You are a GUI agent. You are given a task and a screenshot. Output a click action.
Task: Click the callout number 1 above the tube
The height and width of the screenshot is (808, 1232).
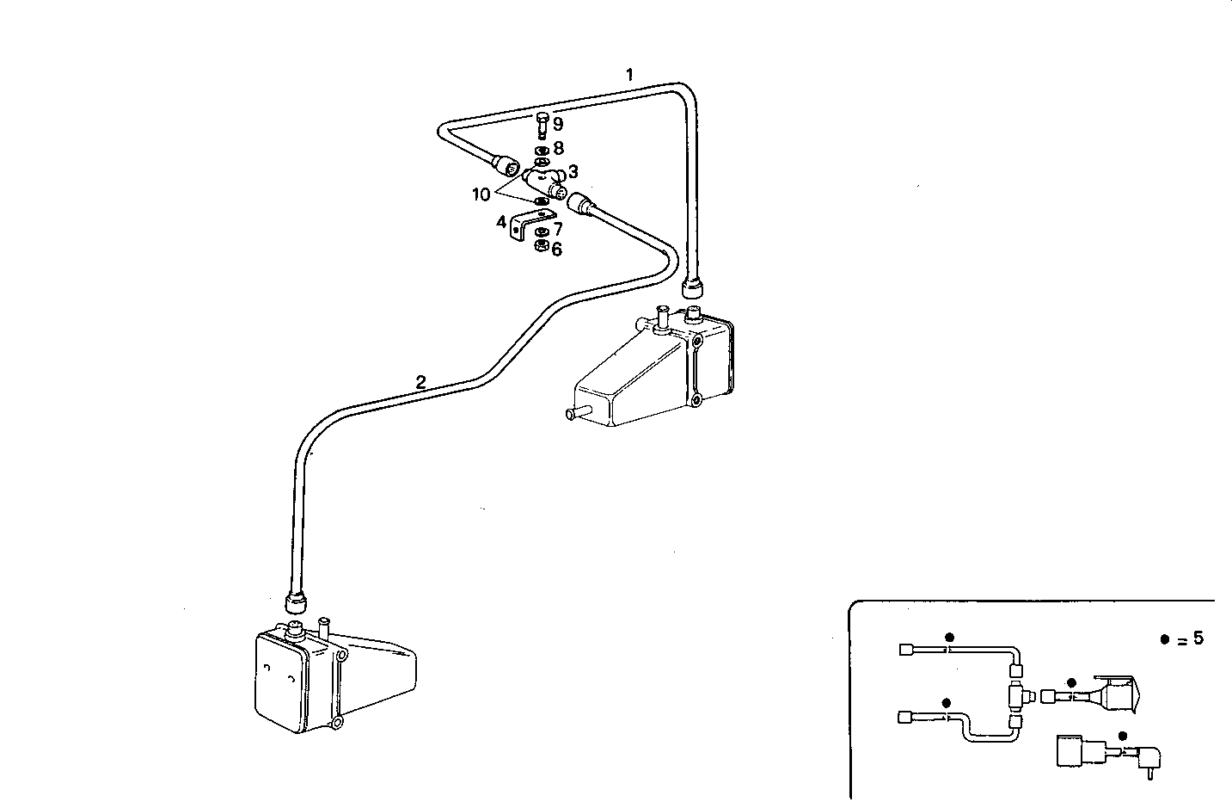coord(629,75)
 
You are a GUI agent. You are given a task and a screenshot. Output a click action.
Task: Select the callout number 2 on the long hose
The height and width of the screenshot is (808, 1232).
coord(420,382)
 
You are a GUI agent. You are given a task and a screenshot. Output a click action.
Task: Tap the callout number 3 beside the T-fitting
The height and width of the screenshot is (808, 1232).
coord(573,172)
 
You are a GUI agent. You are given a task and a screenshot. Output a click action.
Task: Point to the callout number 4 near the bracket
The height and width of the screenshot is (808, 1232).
coord(500,223)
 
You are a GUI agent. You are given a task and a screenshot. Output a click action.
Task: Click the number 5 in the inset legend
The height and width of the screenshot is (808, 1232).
coord(1198,638)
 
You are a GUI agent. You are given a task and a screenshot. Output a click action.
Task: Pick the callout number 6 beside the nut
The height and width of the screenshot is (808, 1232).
coord(557,250)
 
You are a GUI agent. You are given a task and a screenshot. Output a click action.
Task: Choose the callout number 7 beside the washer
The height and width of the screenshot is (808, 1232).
coord(557,230)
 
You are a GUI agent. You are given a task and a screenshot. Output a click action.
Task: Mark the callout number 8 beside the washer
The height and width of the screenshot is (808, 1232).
coord(558,148)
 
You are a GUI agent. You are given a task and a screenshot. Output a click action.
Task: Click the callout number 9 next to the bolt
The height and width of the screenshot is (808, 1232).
coord(557,125)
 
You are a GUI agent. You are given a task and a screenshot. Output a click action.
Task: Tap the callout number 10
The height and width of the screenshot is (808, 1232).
coord(481,195)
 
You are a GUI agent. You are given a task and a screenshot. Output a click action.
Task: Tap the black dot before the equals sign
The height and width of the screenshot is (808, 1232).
coord(1164,639)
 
